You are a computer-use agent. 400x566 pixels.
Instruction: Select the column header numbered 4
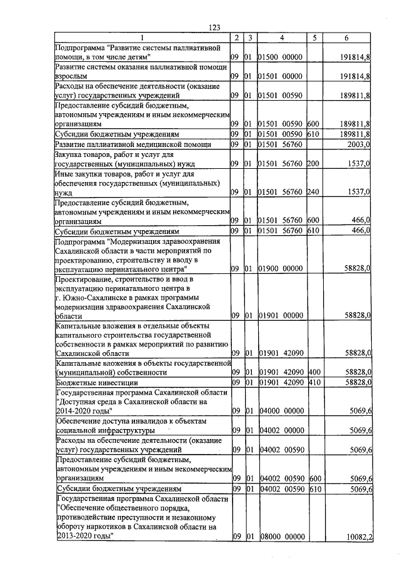(x=282, y=38)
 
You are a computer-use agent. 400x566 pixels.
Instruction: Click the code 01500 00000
(x=281, y=57)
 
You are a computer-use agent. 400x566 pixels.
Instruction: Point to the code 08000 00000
(x=281, y=537)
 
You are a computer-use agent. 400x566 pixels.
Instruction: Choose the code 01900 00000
(x=281, y=268)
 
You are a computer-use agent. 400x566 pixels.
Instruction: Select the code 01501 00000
(x=281, y=76)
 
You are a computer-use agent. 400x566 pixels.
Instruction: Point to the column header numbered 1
(x=141, y=38)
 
